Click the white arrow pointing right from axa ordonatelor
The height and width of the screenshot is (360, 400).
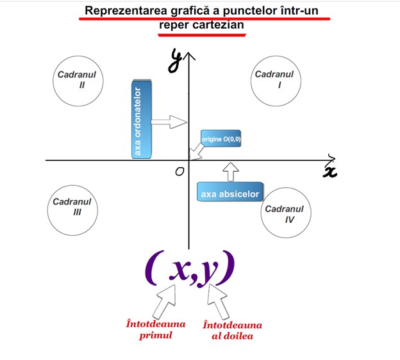click(169, 120)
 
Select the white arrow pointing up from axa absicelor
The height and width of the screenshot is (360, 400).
click(231, 171)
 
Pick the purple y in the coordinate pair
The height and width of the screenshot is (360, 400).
click(209, 272)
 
